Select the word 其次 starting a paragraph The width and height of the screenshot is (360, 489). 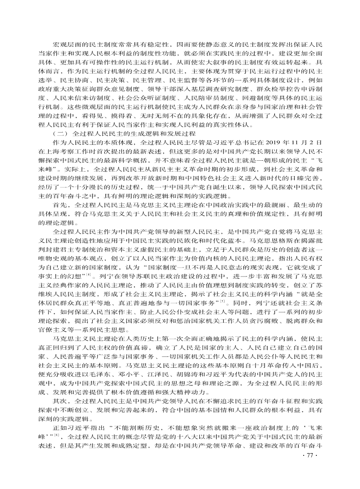point(60,400)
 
